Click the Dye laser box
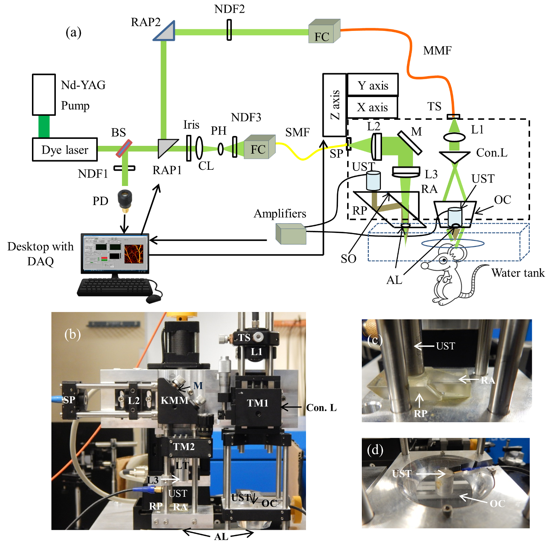click(65, 150)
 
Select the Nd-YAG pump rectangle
click(44, 95)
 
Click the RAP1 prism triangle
click(167, 148)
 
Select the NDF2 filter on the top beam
click(229, 30)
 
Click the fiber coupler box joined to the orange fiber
click(324, 31)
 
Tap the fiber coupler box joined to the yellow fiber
click(260, 147)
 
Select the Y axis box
click(372, 85)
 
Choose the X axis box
click(372, 107)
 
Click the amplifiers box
click(291, 234)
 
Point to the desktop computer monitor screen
click(115, 253)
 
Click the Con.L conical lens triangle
click(455, 157)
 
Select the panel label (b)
click(72, 334)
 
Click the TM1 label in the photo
click(258, 403)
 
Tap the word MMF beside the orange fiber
click(437, 50)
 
